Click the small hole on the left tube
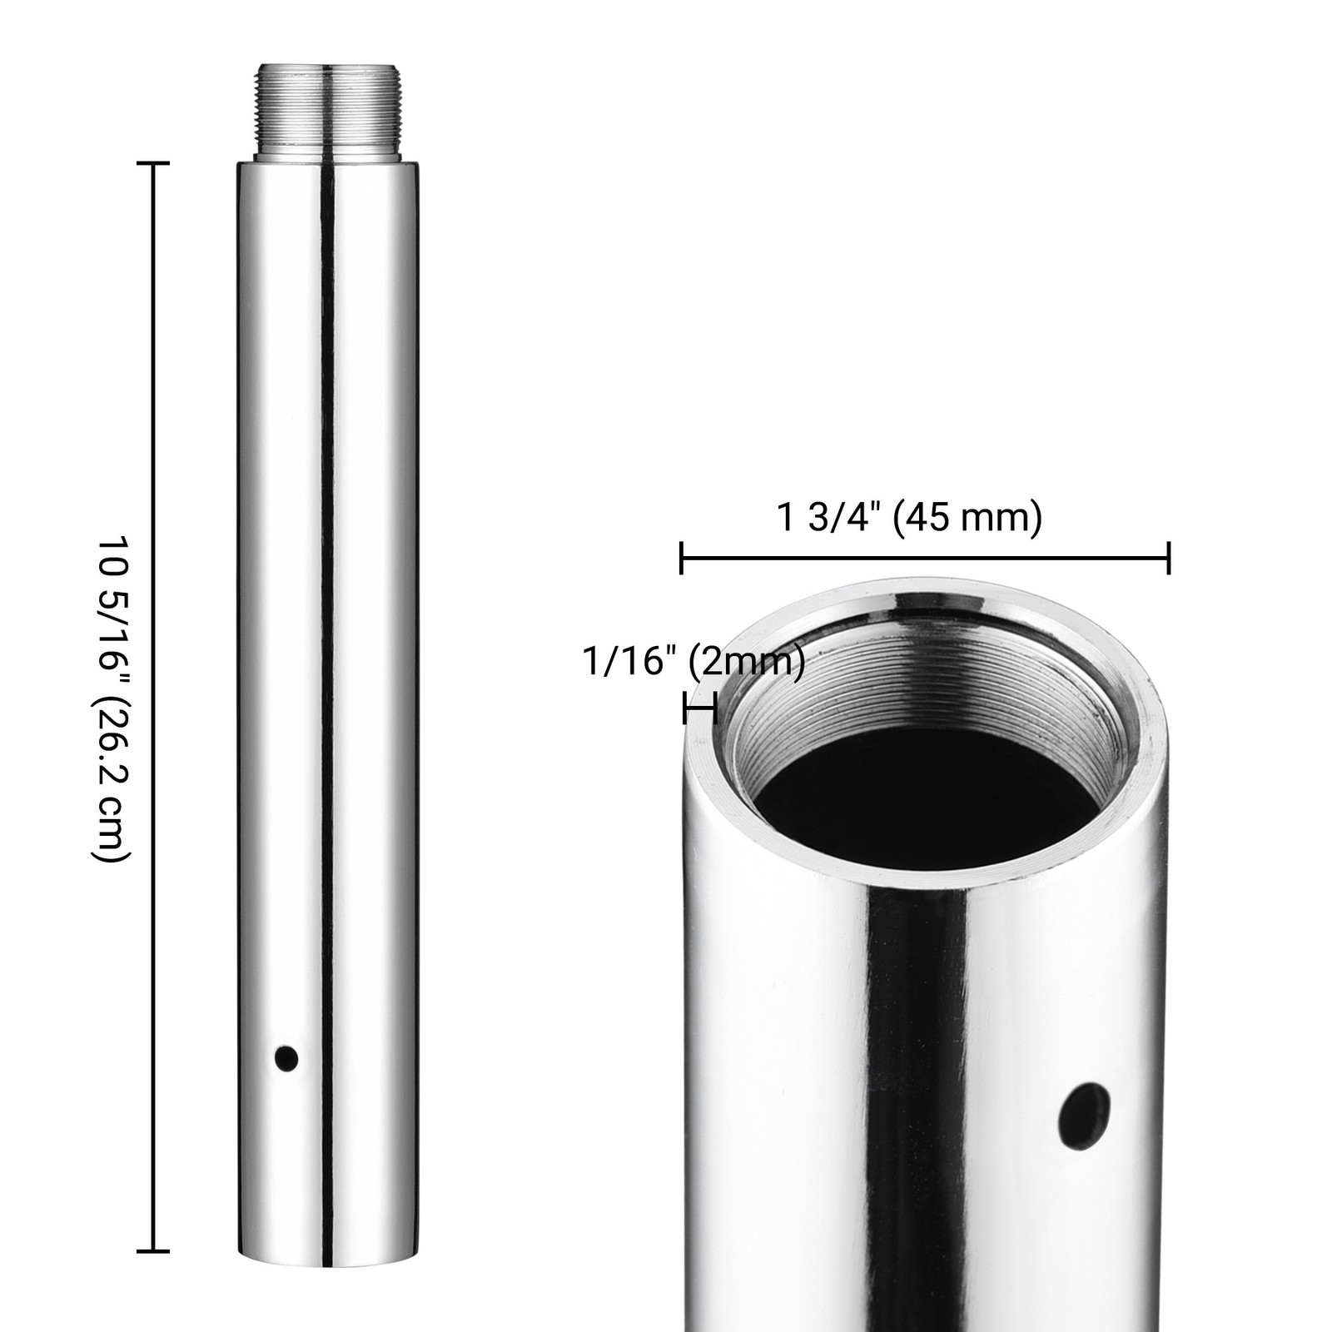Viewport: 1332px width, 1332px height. pos(286,1058)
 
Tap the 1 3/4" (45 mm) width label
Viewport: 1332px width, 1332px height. pos(909,518)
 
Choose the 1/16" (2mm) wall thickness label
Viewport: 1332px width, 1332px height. pos(693,662)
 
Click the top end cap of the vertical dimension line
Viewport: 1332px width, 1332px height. pos(152,163)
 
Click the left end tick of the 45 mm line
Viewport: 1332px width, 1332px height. pos(682,557)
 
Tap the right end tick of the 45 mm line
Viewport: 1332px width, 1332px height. pos(1170,557)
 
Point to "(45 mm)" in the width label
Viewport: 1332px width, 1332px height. pos(967,518)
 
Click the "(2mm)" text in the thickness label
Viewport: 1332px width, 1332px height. pos(746,662)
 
